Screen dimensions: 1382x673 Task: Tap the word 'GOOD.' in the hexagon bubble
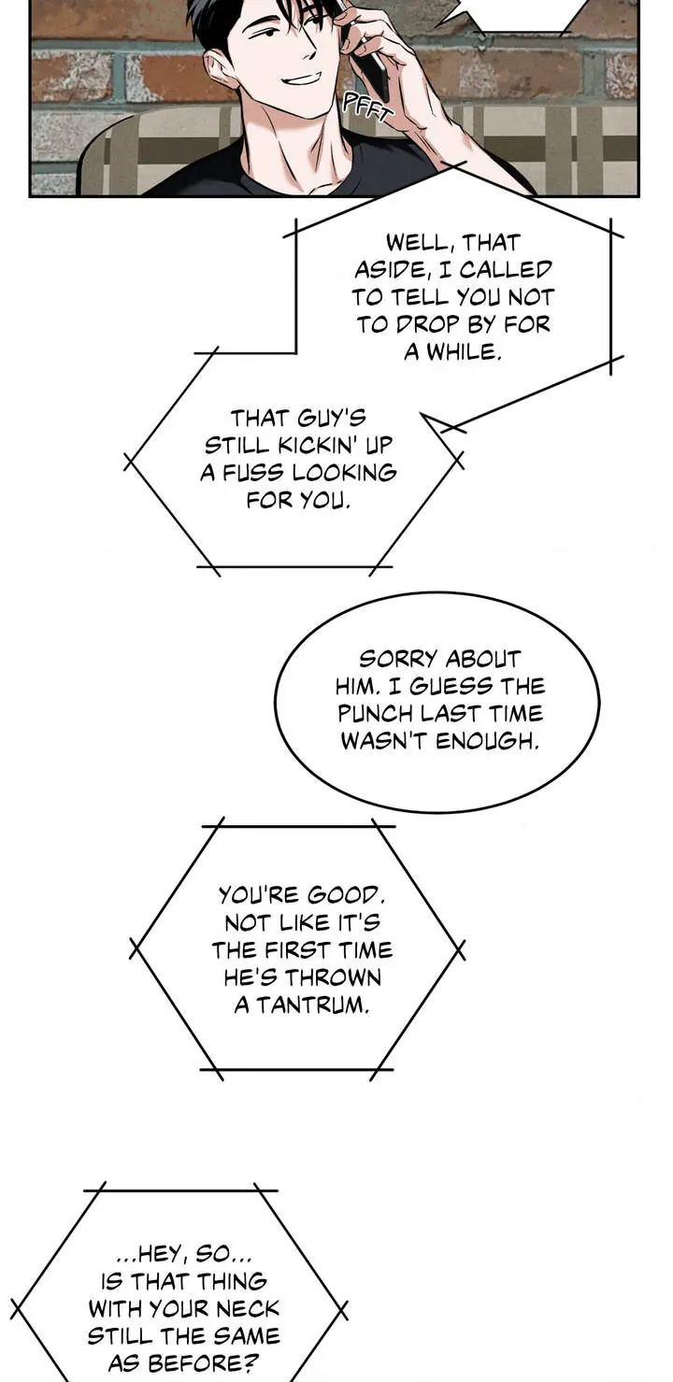point(336,895)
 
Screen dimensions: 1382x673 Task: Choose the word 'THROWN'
point(333,979)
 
